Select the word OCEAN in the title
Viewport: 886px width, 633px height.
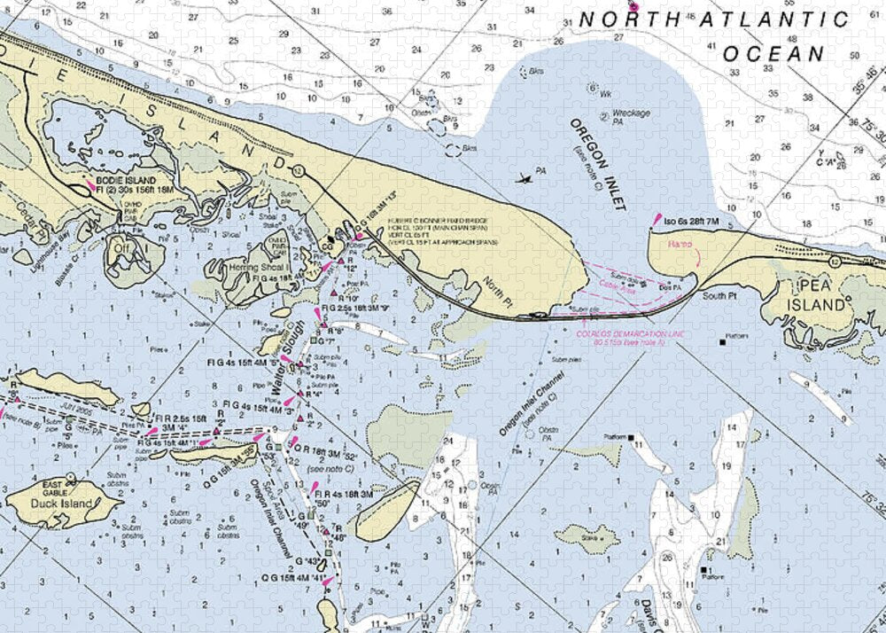point(773,53)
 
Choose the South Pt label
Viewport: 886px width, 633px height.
point(719,295)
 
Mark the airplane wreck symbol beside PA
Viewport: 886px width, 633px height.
point(524,178)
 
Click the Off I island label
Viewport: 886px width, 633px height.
point(120,248)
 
